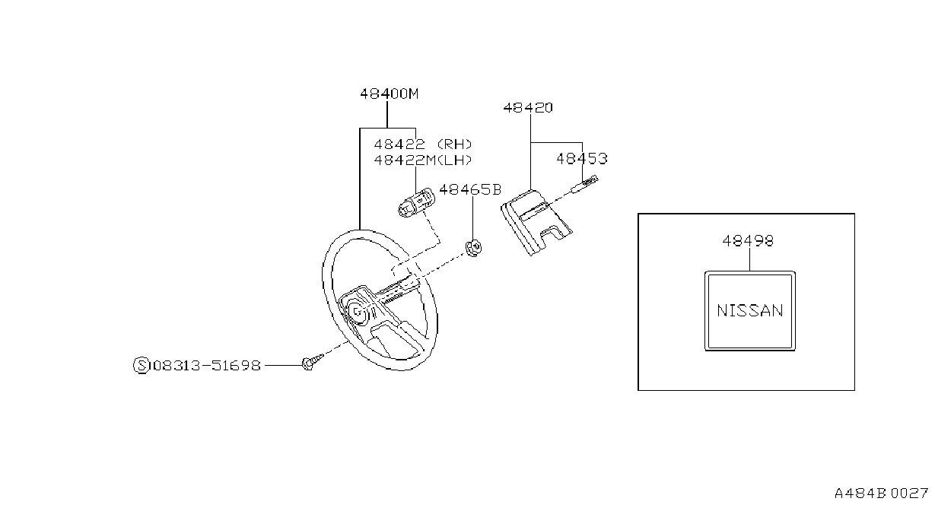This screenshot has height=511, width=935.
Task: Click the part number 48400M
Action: coord(389,94)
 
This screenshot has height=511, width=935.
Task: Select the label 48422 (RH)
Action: coord(423,144)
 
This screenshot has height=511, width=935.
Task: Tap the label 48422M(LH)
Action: coord(423,160)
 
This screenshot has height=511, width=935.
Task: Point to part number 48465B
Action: coord(470,190)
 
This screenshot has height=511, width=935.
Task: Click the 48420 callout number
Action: coord(528,108)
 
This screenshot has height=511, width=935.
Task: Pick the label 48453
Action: coord(582,158)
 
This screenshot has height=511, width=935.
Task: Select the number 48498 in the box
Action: coord(748,241)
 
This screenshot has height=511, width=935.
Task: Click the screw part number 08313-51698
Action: coord(207,366)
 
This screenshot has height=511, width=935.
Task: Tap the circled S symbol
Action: coord(142,366)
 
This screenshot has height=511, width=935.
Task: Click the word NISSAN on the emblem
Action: coord(749,311)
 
